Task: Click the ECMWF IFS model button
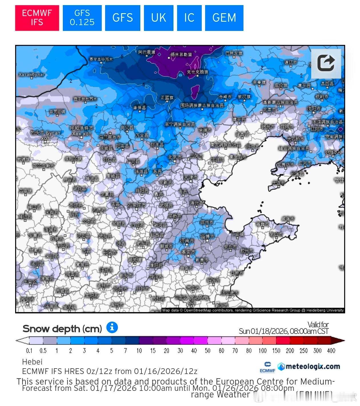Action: pyautogui.click(x=37, y=18)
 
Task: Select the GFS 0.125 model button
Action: pyautogui.click(x=82, y=18)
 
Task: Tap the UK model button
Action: pyautogui.click(x=158, y=18)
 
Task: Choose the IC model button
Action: pyautogui.click(x=189, y=18)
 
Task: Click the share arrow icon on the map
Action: pyautogui.click(x=326, y=63)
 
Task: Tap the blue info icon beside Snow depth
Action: pyautogui.click(x=112, y=327)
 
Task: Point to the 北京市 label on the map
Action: pyautogui.click(x=175, y=157)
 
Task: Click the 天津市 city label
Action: pyautogui.click(x=191, y=178)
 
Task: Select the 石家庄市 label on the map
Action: pyautogui.click(x=136, y=205)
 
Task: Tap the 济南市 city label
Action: pyautogui.click(x=187, y=241)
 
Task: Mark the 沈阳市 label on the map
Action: pyautogui.click(x=314, y=109)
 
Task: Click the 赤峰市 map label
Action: pyautogui.click(x=225, y=97)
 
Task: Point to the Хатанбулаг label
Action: pyautogui.click(x=31, y=75)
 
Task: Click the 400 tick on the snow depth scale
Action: pyautogui.click(x=331, y=351)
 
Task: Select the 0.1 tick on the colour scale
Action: pyautogui.click(x=29, y=351)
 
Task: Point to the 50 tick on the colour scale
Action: pyautogui.click(x=207, y=351)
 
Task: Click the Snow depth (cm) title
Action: pyautogui.click(x=62, y=329)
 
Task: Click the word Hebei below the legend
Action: pyautogui.click(x=32, y=362)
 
